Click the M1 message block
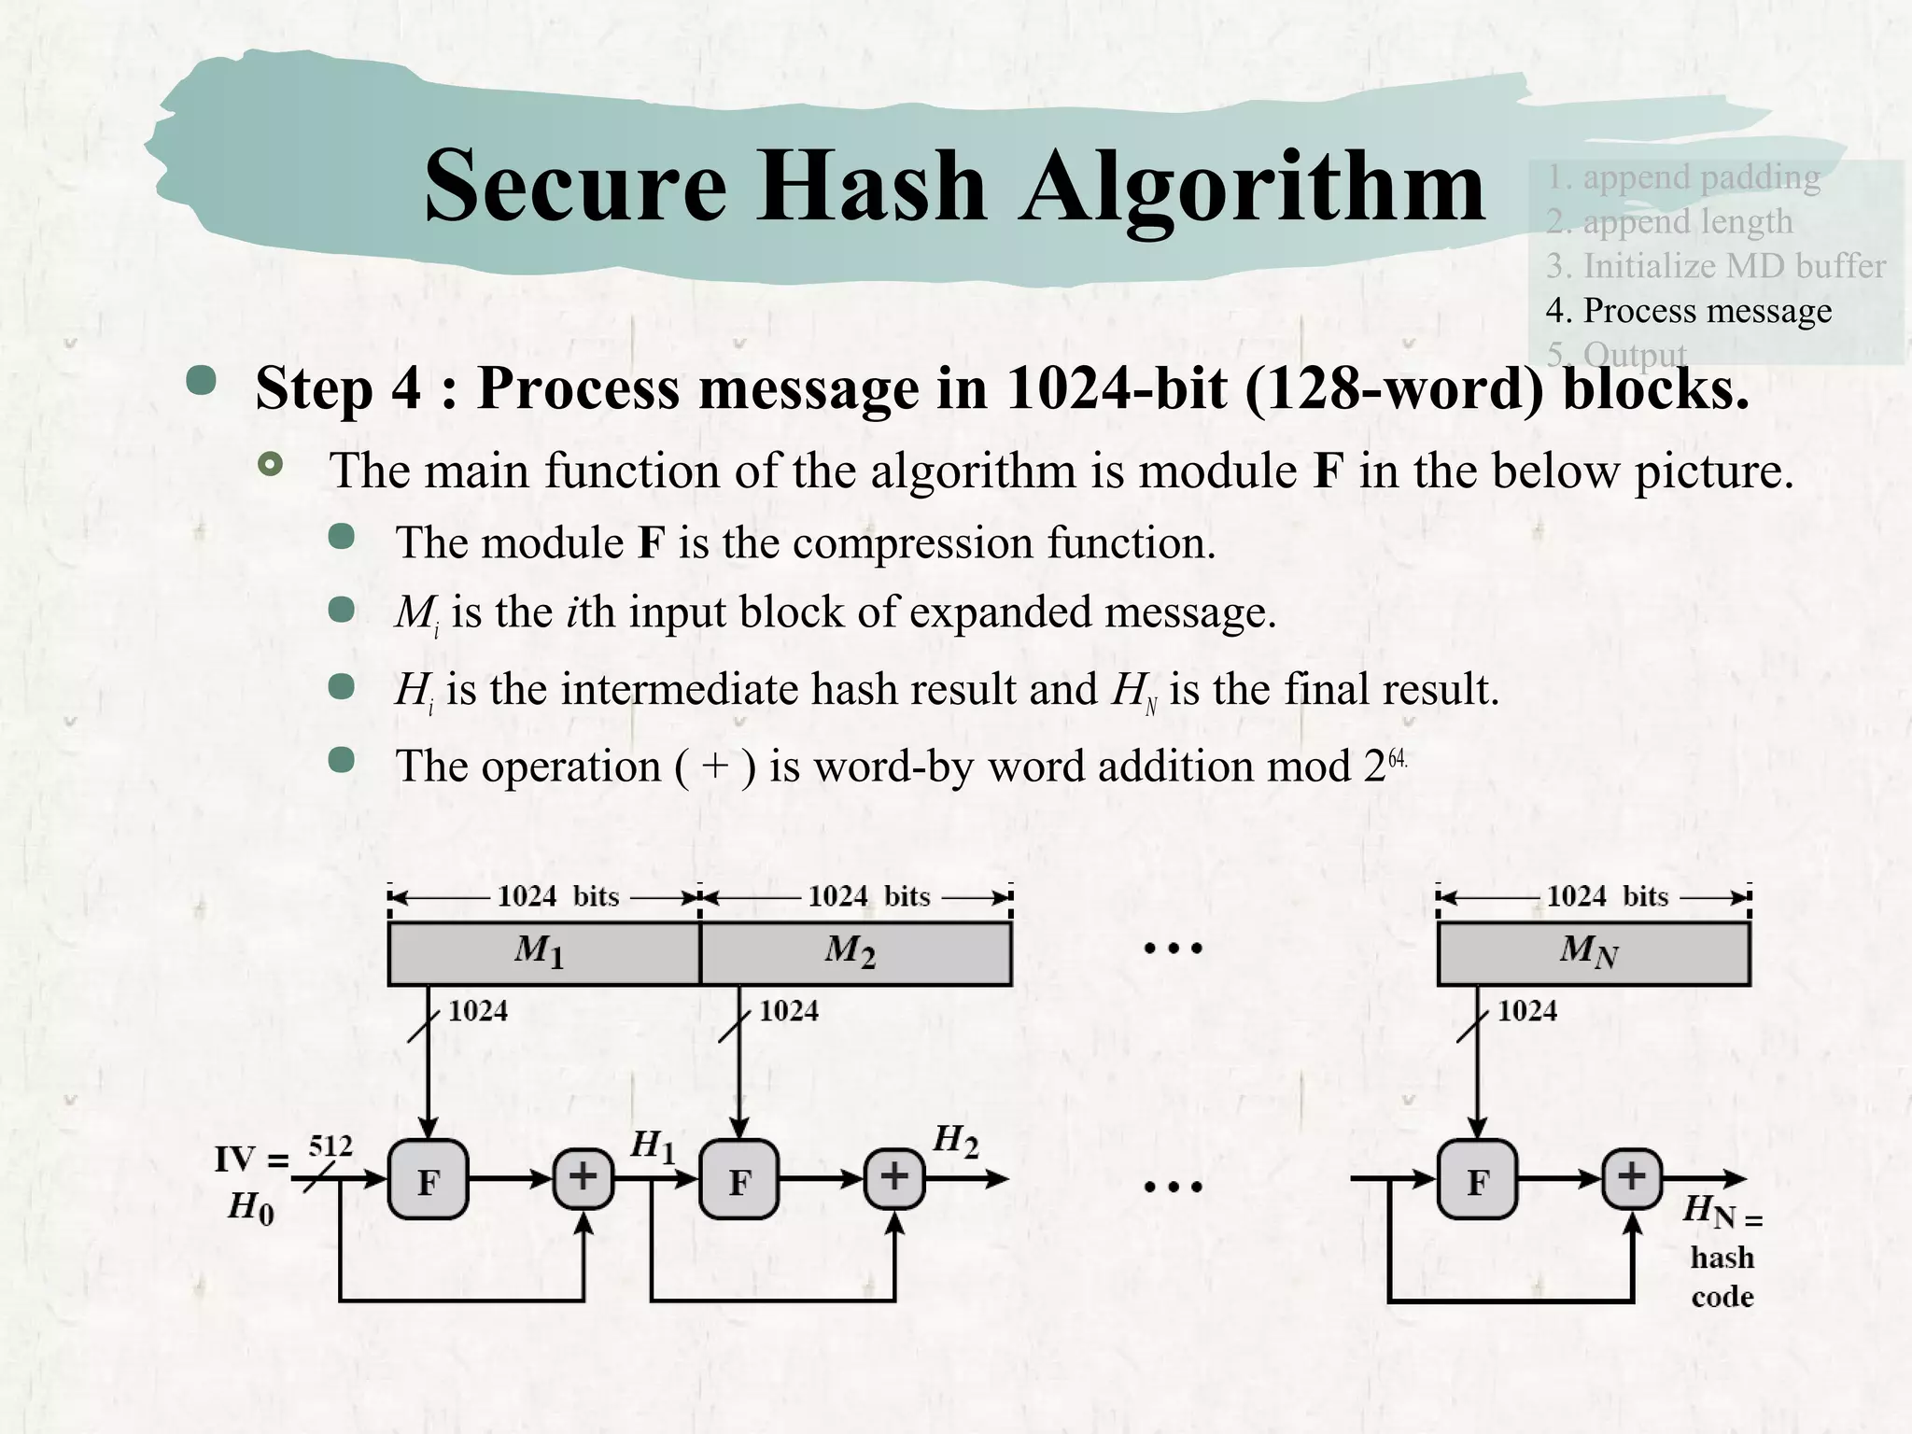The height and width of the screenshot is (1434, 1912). pos(543,953)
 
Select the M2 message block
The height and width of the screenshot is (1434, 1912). pos(855,953)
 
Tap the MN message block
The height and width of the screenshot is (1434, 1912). pos(1593,953)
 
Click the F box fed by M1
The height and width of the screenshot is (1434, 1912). pos(428,1180)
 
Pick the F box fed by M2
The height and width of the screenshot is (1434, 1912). pos(739,1180)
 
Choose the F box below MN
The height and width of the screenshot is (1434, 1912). pos(1477,1180)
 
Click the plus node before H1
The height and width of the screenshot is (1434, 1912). pos(583,1177)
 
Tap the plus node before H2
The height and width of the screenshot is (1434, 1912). pos(894,1177)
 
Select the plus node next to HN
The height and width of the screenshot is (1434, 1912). pos(1632,1177)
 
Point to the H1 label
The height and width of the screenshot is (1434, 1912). pos(653,1146)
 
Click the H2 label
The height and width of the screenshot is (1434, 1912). pos(956,1141)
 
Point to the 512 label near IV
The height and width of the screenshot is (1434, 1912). pos(330,1146)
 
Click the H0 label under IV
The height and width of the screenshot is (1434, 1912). pos(251,1209)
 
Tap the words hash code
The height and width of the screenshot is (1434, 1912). pos(1722,1277)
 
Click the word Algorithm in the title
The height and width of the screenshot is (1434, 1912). pos(1252,187)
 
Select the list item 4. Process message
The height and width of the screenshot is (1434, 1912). pos(1688,311)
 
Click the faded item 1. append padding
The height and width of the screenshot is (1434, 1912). pos(1682,176)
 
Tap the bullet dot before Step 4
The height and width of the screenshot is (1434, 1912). pos(202,380)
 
